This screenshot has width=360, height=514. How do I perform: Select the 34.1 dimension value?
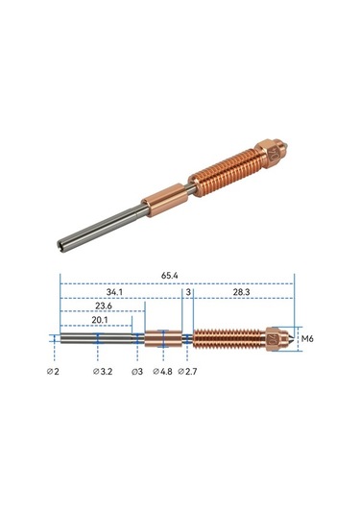[113, 291]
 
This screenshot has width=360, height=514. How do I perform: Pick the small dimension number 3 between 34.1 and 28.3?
[189, 291]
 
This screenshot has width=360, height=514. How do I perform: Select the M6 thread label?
[307, 338]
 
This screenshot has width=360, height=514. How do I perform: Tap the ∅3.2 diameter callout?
[103, 371]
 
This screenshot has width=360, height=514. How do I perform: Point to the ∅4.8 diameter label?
[163, 371]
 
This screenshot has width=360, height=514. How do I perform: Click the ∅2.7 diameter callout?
[188, 371]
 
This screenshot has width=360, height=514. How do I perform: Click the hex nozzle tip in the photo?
[279, 150]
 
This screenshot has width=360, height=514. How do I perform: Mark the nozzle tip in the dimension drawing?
[281, 338]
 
